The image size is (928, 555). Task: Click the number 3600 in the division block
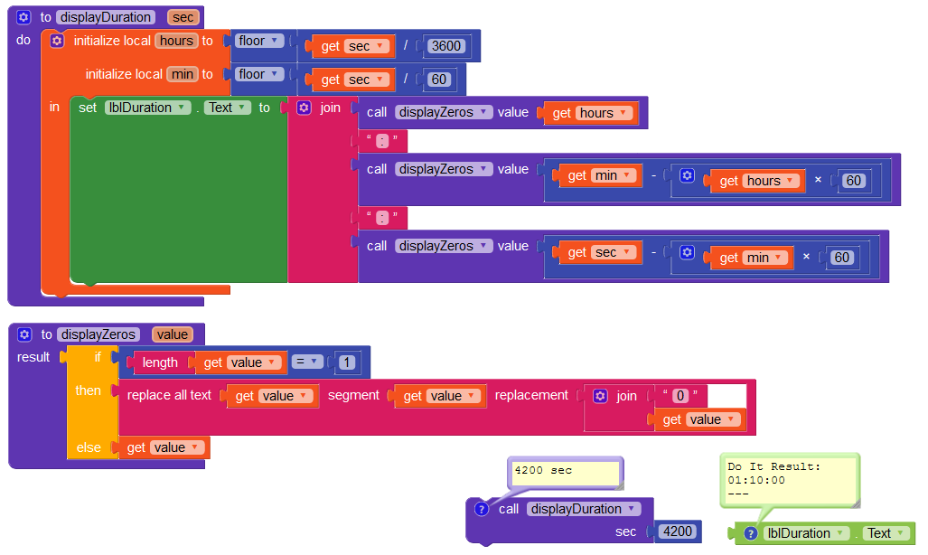click(447, 46)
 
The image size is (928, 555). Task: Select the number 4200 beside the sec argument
click(678, 531)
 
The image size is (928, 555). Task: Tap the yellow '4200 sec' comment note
click(566, 471)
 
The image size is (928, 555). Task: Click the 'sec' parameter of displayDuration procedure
click(183, 17)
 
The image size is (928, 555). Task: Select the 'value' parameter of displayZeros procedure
click(172, 334)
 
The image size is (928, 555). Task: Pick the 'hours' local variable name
click(176, 41)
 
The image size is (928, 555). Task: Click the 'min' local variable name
click(182, 74)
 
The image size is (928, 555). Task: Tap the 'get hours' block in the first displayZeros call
click(591, 113)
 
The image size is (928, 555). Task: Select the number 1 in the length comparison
click(347, 362)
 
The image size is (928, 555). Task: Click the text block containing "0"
click(681, 396)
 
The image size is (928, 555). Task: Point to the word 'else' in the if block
click(89, 447)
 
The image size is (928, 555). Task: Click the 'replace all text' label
click(169, 396)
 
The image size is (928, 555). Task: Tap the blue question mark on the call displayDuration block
click(481, 509)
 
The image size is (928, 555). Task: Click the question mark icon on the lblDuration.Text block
click(749, 533)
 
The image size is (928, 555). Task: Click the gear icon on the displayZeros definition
click(24, 334)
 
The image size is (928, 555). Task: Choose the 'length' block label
click(160, 362)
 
